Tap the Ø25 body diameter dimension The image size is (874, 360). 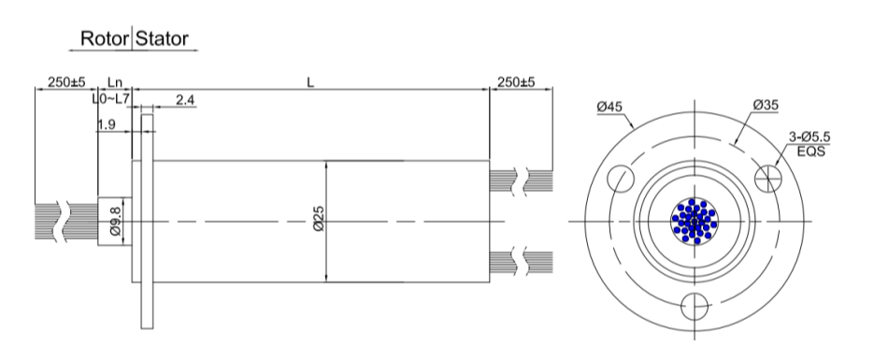coord(319,221)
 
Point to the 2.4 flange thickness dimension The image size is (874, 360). coord(185,99)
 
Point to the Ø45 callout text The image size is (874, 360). coord(611,107)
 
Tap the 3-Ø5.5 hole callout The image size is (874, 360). coord(808,137)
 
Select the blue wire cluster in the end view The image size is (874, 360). coord(694,221)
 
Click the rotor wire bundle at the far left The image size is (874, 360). coord(46,221)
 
